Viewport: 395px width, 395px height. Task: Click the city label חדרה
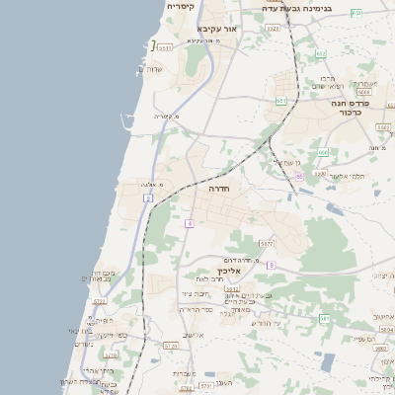coord(218,187)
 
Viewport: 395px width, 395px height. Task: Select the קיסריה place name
coord(179,6)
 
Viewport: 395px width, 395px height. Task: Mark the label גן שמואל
coord(282,162)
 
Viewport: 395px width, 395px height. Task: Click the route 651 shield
coord(281,100)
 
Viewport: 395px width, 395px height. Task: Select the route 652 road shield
coord(320,54)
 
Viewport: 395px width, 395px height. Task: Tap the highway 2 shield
coord(148,198)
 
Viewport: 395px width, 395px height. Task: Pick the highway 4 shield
coord(189,223)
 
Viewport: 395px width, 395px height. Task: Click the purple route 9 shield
coord(270,265)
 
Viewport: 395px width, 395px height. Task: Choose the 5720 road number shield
coord(170,345)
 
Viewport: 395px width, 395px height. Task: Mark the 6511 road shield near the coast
coord(165,47)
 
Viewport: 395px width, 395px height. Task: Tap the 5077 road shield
coord(267,243)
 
